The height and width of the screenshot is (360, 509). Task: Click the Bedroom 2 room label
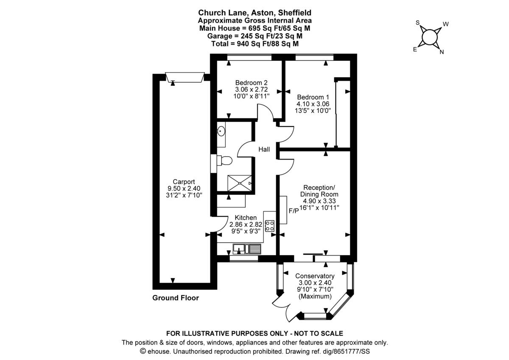251,83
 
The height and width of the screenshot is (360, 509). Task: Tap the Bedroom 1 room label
313,96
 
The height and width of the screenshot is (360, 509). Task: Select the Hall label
265,149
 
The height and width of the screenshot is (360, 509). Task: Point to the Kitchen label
243,218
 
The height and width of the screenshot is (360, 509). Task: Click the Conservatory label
315,276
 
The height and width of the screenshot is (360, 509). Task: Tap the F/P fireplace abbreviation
294,211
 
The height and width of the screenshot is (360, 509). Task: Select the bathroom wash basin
221,132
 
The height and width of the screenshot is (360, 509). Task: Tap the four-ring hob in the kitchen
270,226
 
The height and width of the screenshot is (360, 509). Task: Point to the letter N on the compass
442,53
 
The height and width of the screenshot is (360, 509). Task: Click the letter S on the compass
418,22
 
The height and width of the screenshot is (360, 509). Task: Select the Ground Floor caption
176,298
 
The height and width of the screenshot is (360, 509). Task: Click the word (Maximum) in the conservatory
315,296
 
